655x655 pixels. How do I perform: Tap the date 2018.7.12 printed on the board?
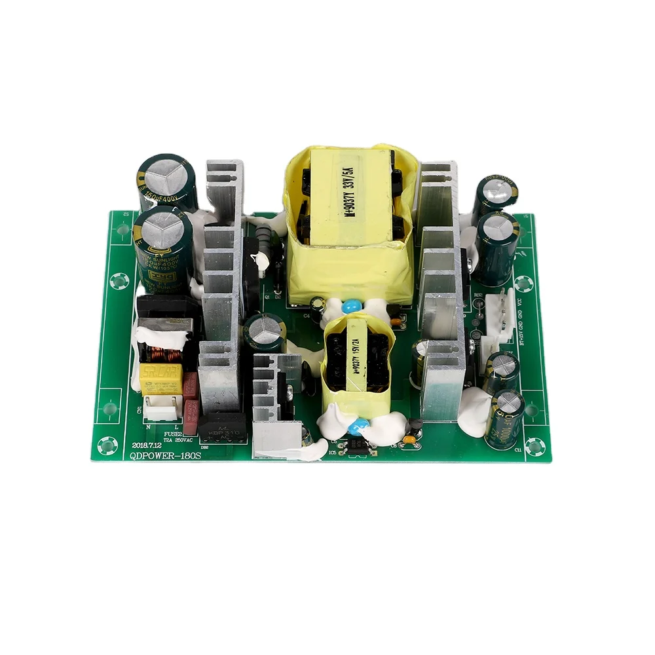(x=149, y=443)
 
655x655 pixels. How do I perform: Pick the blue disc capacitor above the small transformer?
(x=354, y=306)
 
